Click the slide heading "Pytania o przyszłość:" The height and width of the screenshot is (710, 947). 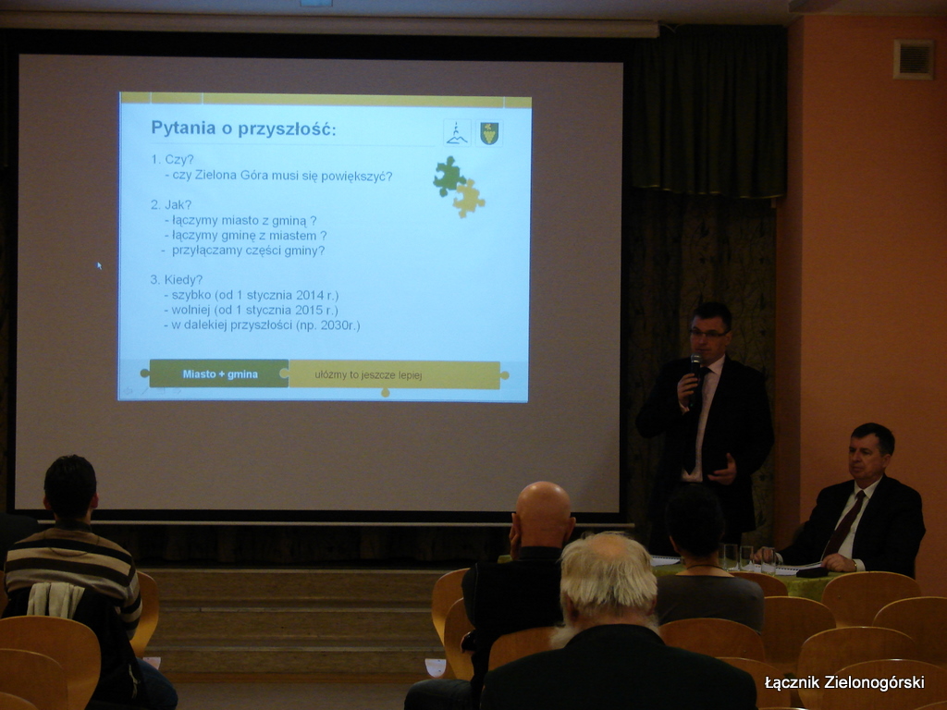[243, 128]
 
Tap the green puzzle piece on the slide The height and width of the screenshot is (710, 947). [449, 176]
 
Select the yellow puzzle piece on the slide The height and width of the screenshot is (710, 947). [468, 199]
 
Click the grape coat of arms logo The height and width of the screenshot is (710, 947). [489, 133]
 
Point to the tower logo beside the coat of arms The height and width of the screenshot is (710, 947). [457, 133]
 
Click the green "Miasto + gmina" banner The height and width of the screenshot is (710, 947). [218, 373]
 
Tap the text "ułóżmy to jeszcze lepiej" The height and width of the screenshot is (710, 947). [368, 375]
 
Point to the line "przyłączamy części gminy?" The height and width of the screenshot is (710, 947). [248, 251]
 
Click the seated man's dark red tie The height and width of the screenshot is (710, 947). [845, 524]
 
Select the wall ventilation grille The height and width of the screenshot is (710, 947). [913, 59]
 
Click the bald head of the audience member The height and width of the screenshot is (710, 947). [542, 514]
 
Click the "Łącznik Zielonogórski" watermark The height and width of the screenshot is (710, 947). [844, 682]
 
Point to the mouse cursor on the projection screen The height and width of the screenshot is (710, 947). [99, 265]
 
